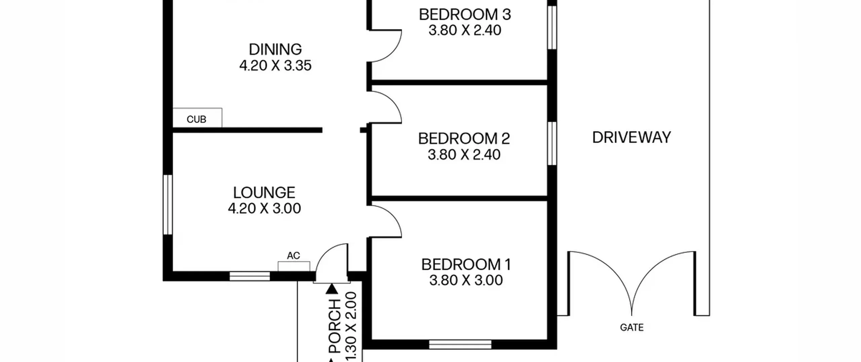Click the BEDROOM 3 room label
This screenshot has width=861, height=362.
click(x=465, y=14)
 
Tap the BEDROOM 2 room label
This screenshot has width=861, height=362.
click(x=464, y=138)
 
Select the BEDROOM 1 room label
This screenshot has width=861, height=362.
click(x=466, y=264)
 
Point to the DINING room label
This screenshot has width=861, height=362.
click(x=275, y=50)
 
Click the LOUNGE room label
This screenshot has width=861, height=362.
click(x=264, y=193)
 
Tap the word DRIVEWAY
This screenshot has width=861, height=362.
click(x=631, y=137)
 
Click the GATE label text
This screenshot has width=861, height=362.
click(x=632, y=327)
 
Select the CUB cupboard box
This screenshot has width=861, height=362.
click(x=197, y=118)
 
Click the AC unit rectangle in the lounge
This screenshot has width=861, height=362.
click(x=294, y=266)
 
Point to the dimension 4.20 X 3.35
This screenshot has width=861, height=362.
click(x=275, y=65)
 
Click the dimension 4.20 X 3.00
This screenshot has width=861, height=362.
click(x=264, y=208)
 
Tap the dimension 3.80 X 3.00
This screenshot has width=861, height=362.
click(x=466, y=280)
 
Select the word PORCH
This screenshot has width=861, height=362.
click(x=335, y=326)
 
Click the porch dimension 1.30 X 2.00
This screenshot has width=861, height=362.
click(x=351, y=327)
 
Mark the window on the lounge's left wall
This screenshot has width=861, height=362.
click(x=167, y=204)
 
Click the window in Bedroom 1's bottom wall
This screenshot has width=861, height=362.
click(x=460, y=344)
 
